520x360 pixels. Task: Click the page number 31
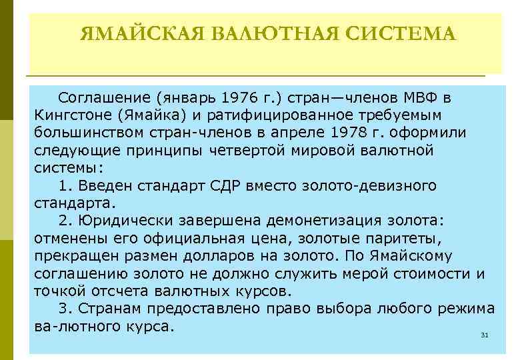485,335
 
